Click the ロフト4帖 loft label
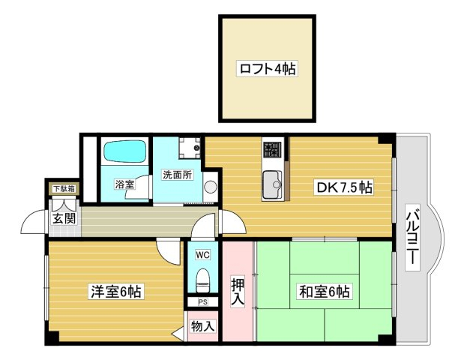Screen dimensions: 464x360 [267, 69]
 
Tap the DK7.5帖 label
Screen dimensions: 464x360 [344, 187]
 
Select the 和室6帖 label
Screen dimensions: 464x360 [325, 292]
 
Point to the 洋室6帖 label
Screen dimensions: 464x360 [115, 291]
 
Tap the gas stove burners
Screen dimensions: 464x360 [272, 149]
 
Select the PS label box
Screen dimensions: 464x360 [202, 302]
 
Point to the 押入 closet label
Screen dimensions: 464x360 [238, 292]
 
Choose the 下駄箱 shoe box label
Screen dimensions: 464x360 [64, 188]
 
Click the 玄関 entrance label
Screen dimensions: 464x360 [64, 219]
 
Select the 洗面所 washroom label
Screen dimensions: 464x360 [178, 175]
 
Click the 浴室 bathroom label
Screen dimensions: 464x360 [124, 184]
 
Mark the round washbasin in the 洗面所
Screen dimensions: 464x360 [211, 187]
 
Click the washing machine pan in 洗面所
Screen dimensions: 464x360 [190, 148]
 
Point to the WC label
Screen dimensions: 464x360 [202, 254]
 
